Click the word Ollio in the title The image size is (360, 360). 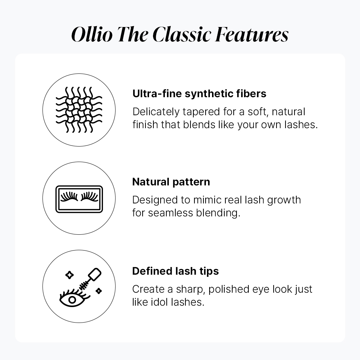(x=92, y=35)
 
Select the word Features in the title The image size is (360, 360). (x=252, y=35)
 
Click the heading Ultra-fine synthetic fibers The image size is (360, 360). (x=199, y=94)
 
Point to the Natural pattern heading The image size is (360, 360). (x=171, y=182)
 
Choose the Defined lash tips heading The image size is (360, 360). (x=175, y=271)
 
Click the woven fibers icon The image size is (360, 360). (x=79, y=110)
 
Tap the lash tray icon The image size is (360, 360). (x=79, y=199)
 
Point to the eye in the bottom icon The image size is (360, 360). (x=72, y=299)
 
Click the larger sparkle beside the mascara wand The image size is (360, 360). (x=69, y=275)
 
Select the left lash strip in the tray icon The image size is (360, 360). (x=69, y=197)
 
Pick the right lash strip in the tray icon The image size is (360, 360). (x=90, y=197)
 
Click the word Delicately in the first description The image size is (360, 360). (x=156, y=112)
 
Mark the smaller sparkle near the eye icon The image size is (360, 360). (x=99, y=291)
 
